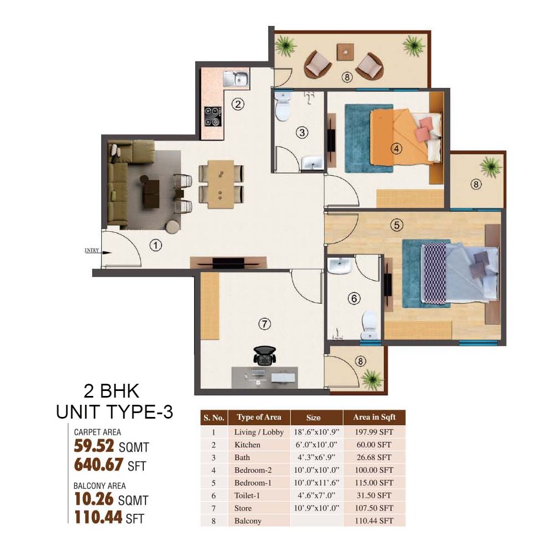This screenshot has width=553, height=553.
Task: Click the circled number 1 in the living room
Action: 155,245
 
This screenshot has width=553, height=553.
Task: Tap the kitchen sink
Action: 236,79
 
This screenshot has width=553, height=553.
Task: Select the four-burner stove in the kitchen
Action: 213,116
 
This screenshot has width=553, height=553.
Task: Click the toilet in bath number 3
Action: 283,106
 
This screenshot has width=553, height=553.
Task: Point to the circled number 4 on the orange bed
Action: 397,149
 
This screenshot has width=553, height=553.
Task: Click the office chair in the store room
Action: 264,356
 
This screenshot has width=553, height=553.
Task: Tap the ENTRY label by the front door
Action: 92,251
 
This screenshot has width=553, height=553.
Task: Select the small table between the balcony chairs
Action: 345,52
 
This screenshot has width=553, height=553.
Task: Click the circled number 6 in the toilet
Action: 354,299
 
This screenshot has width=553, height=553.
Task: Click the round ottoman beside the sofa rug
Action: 173,227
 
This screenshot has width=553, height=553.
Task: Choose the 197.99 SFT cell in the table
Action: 374,432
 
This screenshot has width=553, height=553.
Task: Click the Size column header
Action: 313,418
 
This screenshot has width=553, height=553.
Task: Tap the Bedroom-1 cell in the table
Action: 253,483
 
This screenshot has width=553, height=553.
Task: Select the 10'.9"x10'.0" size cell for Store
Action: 316,508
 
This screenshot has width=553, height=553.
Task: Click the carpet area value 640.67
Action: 98,465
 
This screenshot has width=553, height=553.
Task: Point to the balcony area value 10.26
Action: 94,499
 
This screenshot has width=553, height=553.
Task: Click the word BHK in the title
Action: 120,391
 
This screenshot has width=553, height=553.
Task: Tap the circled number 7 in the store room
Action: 264,324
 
